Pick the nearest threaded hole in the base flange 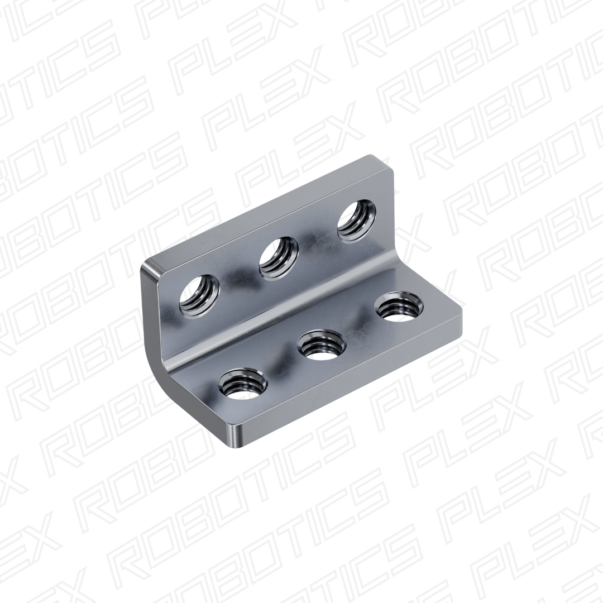coord(242,384)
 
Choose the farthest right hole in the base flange coord(399,308)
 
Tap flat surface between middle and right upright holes coord(317,240)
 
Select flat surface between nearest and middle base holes coord(282,366)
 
